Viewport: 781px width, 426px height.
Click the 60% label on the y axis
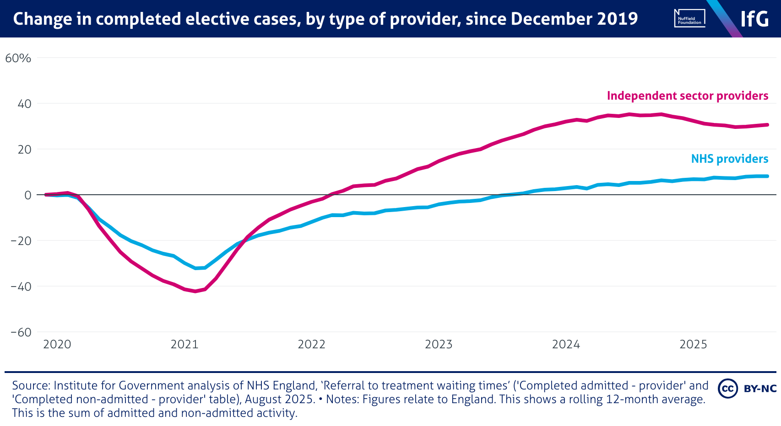point(18,59)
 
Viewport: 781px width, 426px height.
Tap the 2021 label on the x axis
point(184,344)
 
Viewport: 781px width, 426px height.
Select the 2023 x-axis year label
point(439,344)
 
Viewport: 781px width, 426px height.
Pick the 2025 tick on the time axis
point(693,344)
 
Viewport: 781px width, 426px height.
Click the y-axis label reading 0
point(28,195)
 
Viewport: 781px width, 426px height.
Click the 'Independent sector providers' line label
point(687,96)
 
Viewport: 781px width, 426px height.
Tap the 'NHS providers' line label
point(729,159)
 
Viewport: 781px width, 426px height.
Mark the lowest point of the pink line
point(195,291)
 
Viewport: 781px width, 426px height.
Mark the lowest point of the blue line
point(196,268)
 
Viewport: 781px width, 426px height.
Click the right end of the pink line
point(767,125)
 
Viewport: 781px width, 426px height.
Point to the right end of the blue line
point(767,176)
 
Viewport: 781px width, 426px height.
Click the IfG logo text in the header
point(754,19)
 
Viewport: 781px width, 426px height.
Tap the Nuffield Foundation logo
point(689,18)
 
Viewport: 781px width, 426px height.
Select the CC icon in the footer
point(727,389)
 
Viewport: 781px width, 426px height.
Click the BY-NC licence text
point(760,389)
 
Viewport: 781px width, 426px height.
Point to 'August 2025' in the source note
point(279,399)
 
